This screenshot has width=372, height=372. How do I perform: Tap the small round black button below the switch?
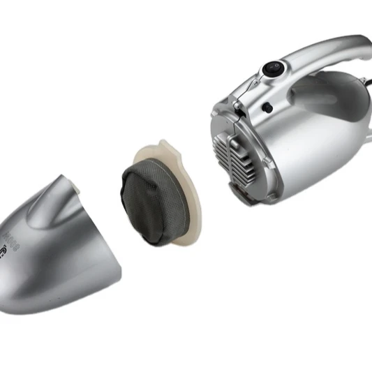[267, 107]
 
